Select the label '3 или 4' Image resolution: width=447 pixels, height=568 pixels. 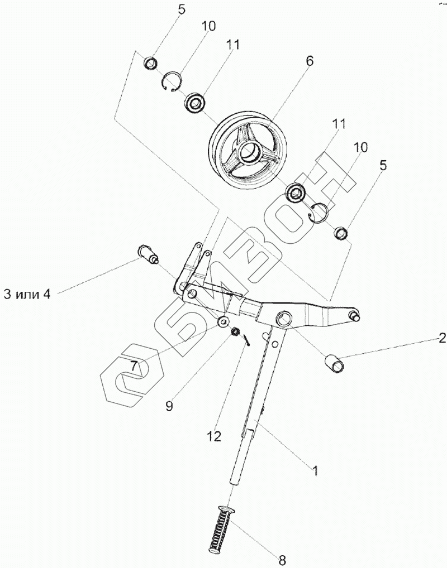click(27, 295)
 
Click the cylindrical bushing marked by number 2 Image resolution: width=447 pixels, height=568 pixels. click(335, 363)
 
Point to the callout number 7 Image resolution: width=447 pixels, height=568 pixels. click(134, 367)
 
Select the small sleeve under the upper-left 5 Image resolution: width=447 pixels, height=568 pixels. click(150, 62)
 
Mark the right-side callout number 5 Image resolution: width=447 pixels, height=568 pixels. click(383, 165)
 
